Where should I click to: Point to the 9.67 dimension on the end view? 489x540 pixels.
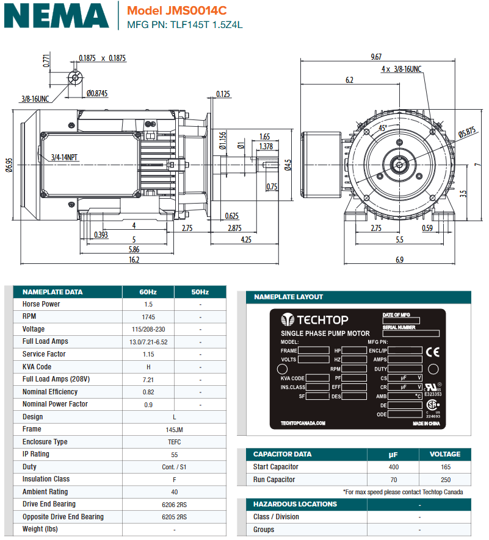[x=377, y=57]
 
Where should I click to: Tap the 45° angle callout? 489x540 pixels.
[x=382, y=128]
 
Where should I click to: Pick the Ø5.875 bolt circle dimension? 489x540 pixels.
[x=467, y=133]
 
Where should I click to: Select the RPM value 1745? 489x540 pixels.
[x=148, y=317]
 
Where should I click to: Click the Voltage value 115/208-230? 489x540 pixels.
[x=148, y=329]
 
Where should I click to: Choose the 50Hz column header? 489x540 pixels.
[x=200, y=292]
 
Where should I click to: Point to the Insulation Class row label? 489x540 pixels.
[x=46, y=480]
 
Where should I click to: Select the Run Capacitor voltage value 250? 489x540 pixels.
[x=444, y=480]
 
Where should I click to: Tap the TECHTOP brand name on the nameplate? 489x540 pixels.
[x=323, y=320]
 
